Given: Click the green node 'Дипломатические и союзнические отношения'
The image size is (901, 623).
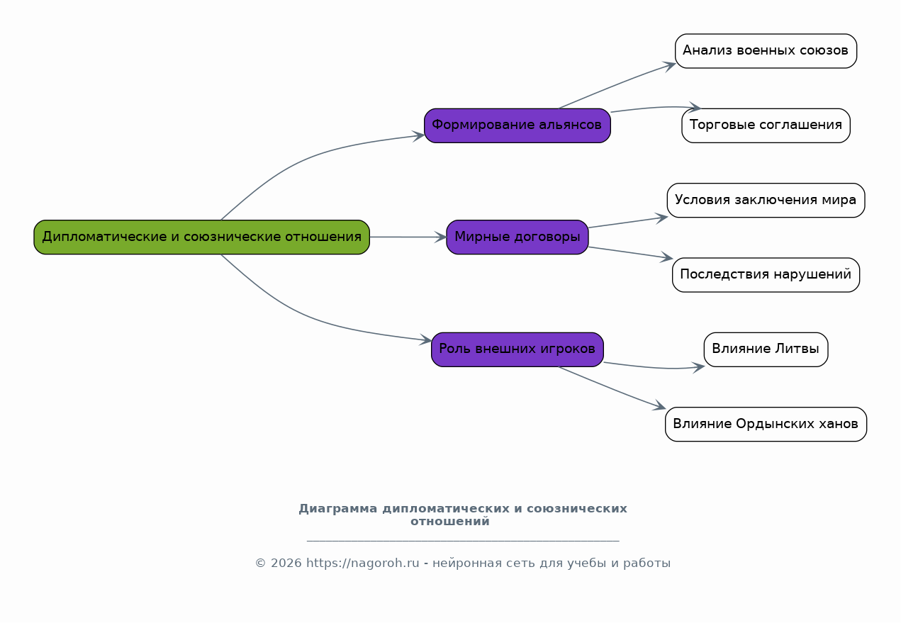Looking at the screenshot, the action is [x=201, y=237].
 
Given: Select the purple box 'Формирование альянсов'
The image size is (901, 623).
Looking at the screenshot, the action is [x=517, y=125].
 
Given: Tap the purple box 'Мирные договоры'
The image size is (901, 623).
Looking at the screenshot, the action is [x=517, y=237].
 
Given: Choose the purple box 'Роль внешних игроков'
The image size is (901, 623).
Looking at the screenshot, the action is [x=517, y=349].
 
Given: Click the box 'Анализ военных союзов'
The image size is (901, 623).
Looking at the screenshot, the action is [x=766, y=51].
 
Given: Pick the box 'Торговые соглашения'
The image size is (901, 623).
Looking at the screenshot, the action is [x=766, y=125].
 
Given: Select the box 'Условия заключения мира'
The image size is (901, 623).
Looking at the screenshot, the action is [x=766, y=201].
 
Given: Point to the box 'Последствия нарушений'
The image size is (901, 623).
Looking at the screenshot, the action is [x=766, y=275].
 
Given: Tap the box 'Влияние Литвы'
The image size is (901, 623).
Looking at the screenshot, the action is [x=766, y=349].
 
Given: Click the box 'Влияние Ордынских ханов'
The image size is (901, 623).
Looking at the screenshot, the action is [x=766, y=425].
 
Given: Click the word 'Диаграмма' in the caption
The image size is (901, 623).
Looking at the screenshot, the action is [x=338, y=509].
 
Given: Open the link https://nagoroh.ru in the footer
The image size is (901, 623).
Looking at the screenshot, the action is [x=362, y=563].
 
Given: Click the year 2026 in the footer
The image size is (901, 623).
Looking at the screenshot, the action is [x=286, y=563].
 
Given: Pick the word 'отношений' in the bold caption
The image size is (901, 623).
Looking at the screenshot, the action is [x=449, y=522].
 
